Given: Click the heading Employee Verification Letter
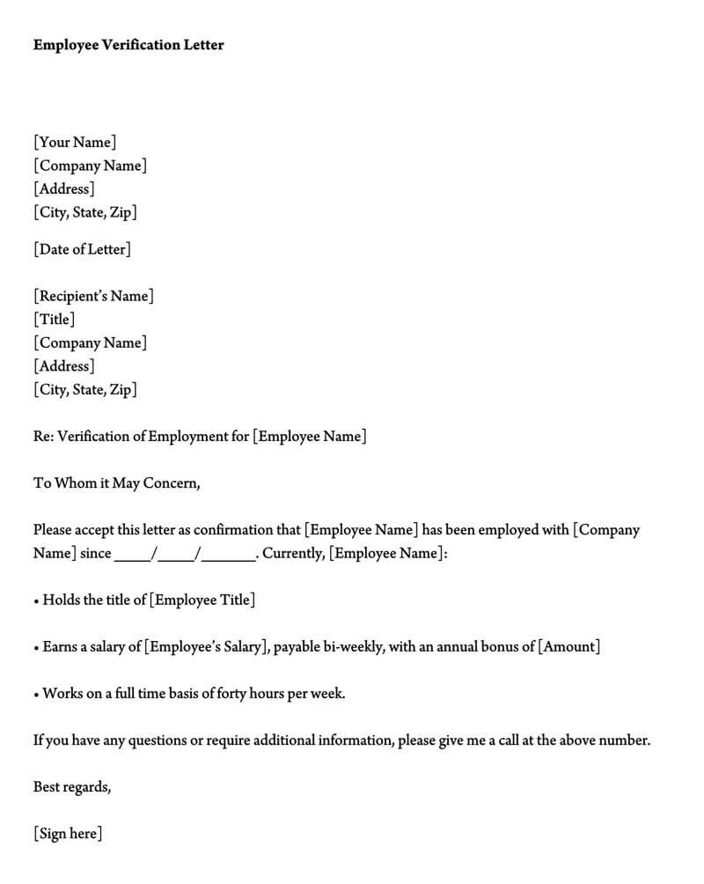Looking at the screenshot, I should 128,45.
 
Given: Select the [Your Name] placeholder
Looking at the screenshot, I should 75,142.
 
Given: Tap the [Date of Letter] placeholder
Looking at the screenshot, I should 82,249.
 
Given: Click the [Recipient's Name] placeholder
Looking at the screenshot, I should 93,296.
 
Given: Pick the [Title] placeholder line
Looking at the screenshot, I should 54,320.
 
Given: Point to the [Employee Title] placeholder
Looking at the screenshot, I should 202,600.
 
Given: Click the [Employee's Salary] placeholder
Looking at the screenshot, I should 204,646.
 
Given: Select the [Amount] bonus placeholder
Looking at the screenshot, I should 569,646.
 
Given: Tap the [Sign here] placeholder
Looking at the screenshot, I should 68,833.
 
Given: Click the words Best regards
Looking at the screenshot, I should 72,786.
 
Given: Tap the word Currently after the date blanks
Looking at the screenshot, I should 293,553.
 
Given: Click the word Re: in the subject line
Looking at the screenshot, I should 43,436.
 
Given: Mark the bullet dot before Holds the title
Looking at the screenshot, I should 36,601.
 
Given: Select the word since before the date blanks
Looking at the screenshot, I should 95,553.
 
